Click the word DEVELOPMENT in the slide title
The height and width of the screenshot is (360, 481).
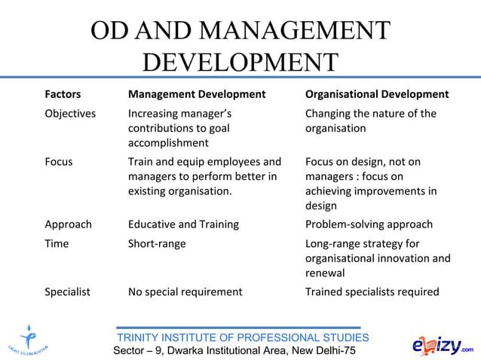click(240, 61)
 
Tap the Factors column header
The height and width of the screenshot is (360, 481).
click(63, 94)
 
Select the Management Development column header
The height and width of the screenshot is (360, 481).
click(197, 94)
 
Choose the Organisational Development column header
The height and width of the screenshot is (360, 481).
click(377, 94)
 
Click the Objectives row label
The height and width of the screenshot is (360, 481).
click(70, 114)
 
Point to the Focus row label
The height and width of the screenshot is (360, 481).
click(59, 162)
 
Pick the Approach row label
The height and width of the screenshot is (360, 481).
click(68, 224)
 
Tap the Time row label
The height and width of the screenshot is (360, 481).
click(57, 243)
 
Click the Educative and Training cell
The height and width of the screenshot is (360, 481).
click(183, 224)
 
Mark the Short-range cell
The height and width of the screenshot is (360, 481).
click(157, 243)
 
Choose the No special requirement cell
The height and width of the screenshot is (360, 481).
click(185, 291)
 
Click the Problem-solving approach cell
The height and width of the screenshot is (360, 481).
click(369, 224)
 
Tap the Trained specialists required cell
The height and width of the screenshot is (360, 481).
click(372, 291)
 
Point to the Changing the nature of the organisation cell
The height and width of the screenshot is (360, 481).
click(370, 121)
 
